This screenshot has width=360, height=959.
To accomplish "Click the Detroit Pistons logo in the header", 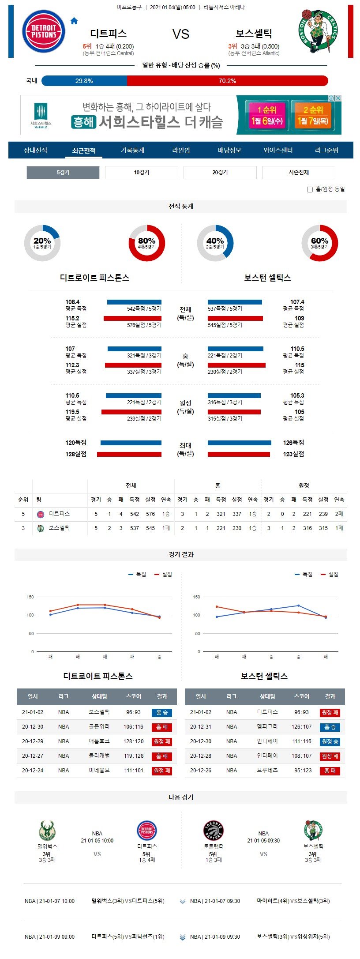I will pyautogui.click(x=43, y=32).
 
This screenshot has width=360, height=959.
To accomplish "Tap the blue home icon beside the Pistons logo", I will pyautogui.click(x=74, y=21).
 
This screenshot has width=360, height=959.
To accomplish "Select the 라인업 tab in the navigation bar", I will pyautogui.click(x=181, y=150).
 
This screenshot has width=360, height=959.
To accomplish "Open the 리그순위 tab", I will pyautogui.click(x=326, y=150).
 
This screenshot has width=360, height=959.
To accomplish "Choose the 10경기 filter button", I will pyautogui.click(x=142, y=173).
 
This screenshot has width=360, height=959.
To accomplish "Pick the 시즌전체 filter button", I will pyautogui.click(x=298, y=173).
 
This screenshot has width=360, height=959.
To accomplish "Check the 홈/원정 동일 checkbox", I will pyautogui.click(x=310, y=189).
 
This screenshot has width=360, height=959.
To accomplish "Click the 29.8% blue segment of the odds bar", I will pyautogui.click(x=84, y=81).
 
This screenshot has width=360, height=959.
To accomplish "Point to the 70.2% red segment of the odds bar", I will pyautogui.click(x=227, y=81).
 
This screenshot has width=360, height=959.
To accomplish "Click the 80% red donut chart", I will pyautogui.click(x=147, y=243).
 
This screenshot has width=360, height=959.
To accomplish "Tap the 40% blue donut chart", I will pyautogui.click(x=215, y=243).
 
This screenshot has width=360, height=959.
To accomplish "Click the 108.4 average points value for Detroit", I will pyautogui.click(x=72, y=302).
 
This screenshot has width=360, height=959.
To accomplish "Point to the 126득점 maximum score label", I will pyautogui.click(x=293, y=443).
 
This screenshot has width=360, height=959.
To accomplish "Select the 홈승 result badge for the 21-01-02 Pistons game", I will pyautogui.click(x=162, y=713).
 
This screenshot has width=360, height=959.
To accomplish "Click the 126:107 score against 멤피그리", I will pyautogui.click(x=301, y=727).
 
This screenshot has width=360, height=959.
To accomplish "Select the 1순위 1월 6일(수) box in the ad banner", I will pyautogui.click(x=266, y=116).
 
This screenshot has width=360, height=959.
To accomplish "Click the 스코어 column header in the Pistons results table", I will pyautogui.click(x=134, y=696).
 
